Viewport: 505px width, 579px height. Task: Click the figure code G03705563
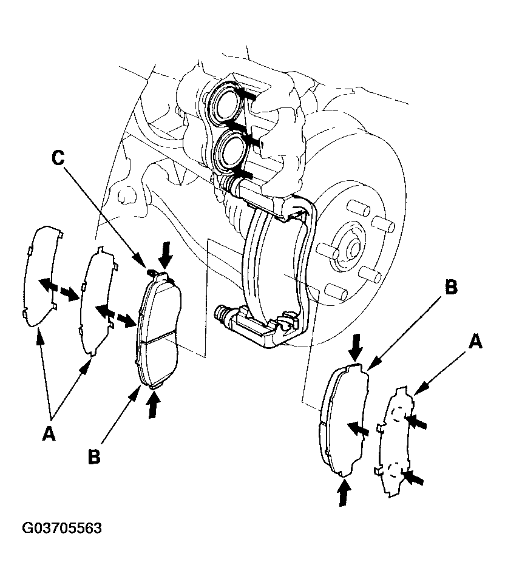[62, 529]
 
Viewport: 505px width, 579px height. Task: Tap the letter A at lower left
[49, 433]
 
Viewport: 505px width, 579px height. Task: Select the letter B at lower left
[95, 457]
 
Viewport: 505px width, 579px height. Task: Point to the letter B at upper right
[451, 287]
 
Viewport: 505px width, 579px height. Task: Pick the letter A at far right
[475, 341]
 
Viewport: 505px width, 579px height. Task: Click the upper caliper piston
[225, 102]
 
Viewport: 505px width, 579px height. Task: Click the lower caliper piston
[232, 151]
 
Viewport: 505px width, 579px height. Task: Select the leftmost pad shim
[41, 276]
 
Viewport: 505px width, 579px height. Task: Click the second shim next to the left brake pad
[97, 301]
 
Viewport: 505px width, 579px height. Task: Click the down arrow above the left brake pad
[166, 255]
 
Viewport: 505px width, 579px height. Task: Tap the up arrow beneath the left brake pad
[154, 405]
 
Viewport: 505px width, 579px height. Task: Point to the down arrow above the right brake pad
[356, 347]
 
